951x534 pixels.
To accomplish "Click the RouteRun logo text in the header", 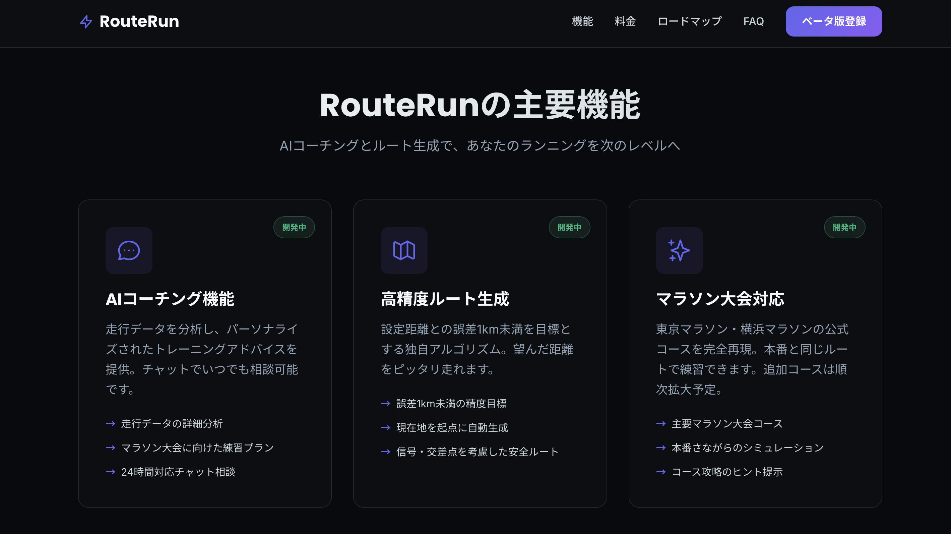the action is [x=139, y=21].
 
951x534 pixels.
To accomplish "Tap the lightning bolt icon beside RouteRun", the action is [x=86, y=22].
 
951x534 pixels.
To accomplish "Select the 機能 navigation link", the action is [x=582, y=21].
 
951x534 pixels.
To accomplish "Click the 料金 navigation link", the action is [x=625, y=21].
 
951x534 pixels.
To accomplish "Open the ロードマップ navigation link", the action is [x=689, y=21].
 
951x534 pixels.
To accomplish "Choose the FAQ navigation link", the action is [x=754, y=21].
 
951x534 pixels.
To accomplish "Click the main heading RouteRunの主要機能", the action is [x=480, y=105].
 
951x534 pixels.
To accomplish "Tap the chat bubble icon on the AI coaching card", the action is [x=129, y=250].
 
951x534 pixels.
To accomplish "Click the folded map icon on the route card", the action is [x=404, y=250].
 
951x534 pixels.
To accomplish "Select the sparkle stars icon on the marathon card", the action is [x=679, y=250].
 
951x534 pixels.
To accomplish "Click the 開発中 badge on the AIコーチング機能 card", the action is [x=294, y=227].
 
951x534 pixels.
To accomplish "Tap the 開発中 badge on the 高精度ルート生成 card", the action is [x=569, y=227].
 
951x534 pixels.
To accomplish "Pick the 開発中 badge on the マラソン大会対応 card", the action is [x=844, y=227].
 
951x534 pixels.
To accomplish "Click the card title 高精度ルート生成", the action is [x=445, y=299].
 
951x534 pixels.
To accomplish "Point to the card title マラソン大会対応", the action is [x=720, y=299].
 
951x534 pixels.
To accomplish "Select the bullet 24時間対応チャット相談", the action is [x=178, y=472].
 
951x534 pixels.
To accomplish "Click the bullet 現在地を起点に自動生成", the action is [x=452, y=427].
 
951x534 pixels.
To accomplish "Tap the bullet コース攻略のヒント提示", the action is [x=727, y=472].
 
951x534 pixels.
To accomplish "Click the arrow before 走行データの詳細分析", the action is [x=110, y=424].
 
